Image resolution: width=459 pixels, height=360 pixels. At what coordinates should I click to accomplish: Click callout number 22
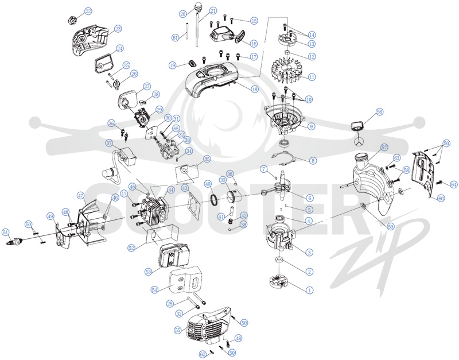tap(88, 11)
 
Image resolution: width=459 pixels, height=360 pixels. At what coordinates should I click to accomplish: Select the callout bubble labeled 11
tap(312, 78)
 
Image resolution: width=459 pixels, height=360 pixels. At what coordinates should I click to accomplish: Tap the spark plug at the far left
tap(13, 242)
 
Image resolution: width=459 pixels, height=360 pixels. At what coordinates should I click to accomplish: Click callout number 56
tap(379, 112)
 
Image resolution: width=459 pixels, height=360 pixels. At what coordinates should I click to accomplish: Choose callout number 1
tap(309, 291)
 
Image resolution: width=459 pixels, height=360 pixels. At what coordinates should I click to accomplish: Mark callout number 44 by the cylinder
tap(170, 190)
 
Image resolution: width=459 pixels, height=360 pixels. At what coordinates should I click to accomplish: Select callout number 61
tap(176, 37)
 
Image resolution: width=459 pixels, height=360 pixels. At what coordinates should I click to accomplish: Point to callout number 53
tap(149, 272)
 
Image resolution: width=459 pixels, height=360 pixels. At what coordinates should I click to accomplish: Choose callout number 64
tap(454, 184)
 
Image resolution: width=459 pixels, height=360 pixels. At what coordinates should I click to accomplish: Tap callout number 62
tap(203, 354)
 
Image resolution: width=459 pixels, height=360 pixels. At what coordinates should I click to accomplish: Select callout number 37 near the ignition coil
tap(109, 143)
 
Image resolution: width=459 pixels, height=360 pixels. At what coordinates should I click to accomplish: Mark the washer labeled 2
tap(279, 260)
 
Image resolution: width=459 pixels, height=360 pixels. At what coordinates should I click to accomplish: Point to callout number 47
tap(81, 196)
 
